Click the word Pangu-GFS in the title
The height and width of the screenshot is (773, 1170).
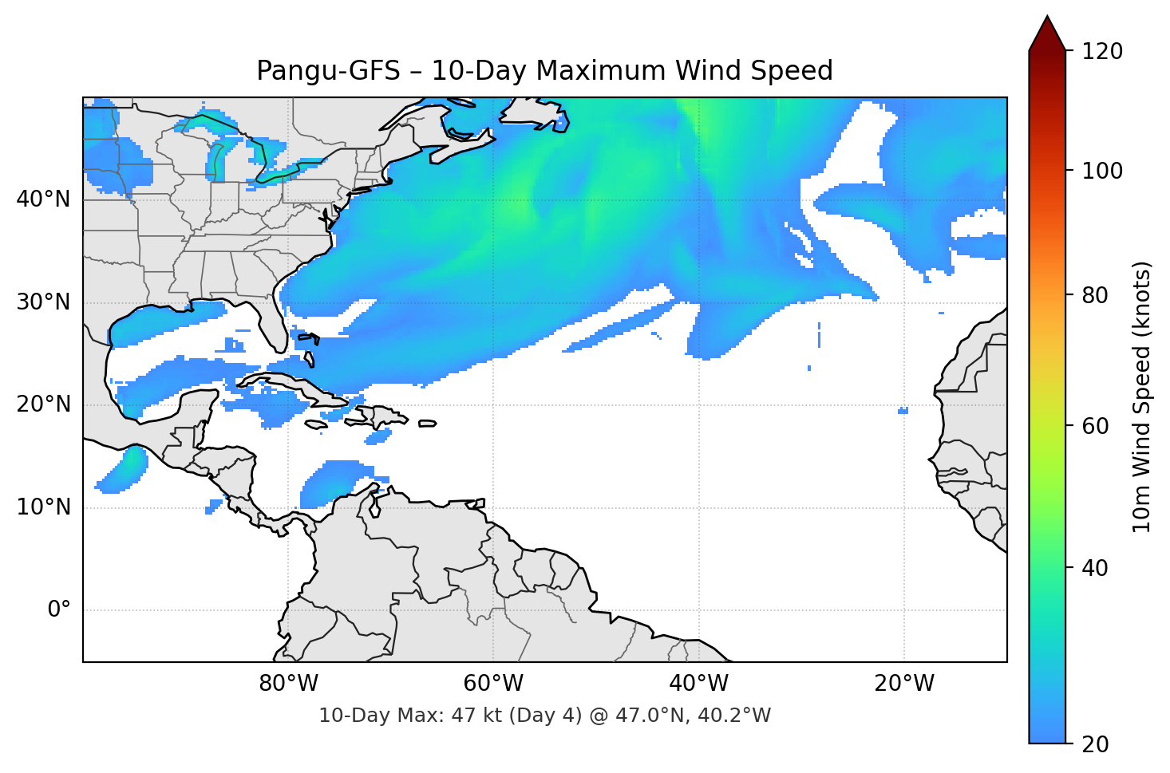[328, 71]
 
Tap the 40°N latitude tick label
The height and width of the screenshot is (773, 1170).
[43, 199]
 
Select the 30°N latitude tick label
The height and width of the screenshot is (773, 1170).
[43, 302]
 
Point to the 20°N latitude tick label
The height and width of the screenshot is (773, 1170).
[43, 404]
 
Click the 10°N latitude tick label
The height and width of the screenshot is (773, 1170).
[43, 507]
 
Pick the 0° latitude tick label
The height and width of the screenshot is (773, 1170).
[59, 610]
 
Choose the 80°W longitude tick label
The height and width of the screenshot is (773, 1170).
[288, 684]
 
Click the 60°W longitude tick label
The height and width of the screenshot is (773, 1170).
[493, 684]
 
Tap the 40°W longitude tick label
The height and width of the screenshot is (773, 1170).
[698, 684]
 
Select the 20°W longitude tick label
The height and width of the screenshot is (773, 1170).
[904, 684]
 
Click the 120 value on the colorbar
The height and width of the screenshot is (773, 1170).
[1102, 52]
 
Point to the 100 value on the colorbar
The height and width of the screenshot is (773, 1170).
[1102, 171]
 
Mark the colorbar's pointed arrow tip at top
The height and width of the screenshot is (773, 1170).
[1048, 18]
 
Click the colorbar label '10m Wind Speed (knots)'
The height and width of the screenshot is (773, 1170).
[1142, 397]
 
